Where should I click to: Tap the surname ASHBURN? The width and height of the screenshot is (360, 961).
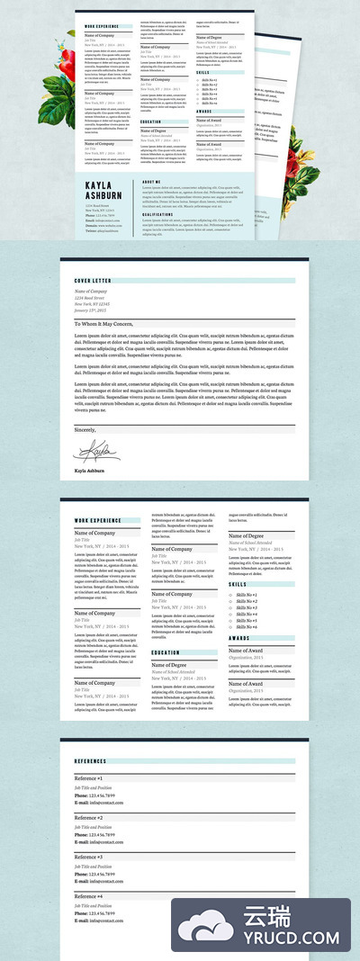(x=103, y=195)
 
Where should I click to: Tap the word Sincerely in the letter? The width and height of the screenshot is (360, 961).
(x=85, y=430)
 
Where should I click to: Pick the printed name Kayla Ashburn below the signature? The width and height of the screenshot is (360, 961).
(x=89, y=471)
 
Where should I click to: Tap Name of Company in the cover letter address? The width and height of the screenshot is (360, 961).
(x=92, y=292)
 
